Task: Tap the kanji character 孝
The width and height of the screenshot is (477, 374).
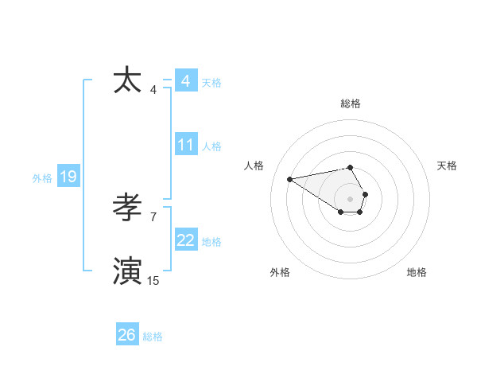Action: point(129,208)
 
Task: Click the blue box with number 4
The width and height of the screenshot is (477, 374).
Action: point(185,81)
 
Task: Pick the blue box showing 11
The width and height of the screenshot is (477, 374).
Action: point(185,145)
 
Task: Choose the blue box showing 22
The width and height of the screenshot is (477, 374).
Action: point(185,240)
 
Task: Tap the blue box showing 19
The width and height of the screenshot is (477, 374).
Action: point(68,177)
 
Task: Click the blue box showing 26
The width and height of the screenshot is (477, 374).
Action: point(126,335)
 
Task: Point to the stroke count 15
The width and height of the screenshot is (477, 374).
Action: point(153,280)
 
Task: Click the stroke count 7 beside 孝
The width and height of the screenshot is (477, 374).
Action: point(153,216)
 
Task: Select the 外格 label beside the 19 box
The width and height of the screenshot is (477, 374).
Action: point(42,178)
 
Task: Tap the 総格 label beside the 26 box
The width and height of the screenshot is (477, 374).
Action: point(153,337)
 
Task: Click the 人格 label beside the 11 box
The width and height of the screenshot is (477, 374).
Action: point(211,146)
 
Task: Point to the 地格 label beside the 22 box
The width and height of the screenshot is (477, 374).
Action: point(211,242)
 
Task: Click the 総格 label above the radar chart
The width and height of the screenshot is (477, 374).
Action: point(351,103)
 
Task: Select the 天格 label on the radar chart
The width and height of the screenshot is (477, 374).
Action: point(447,166)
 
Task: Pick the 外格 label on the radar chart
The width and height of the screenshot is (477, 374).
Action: point(279,272)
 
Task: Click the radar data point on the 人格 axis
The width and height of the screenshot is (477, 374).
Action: point(289,178)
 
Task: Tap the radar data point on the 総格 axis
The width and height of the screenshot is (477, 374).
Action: point(351,168)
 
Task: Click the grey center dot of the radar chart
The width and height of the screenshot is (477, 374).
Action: point(351,198)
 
